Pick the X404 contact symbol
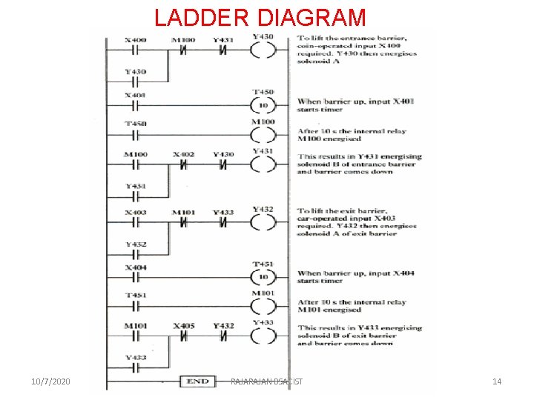135,277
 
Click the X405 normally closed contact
183,336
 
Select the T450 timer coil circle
263,105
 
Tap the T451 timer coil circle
263,277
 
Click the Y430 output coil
263,50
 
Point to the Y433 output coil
263,336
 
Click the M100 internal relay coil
263,134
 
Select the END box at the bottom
197,381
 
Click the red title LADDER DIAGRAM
260,17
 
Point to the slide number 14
497,381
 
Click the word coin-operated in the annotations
322,45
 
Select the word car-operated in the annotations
321,219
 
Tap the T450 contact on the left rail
135,136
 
